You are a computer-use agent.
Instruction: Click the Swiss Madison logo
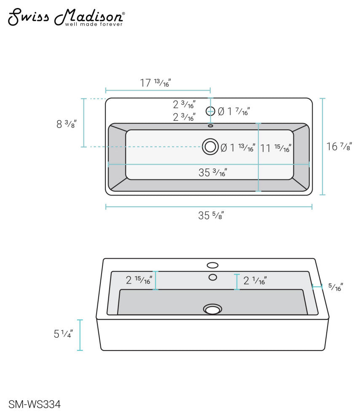pyautogui.click(x=66, y=17)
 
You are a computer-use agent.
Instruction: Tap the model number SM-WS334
pyautogui.click(x=35, y=404)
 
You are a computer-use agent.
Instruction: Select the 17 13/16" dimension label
pyautogui.click(x=156, y=83)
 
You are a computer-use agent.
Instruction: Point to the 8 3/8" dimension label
pyautogui.click(x=67, y=124)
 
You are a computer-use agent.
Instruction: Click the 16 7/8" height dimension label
pyautogui.click(x=339, y=147)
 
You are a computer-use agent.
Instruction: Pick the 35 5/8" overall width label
pyautogui.click(x=211, y=215)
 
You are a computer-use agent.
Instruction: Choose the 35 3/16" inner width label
pyautogui.click(x=212, y=173)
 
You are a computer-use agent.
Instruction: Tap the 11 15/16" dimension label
pyautogui.click(x=276, y=148)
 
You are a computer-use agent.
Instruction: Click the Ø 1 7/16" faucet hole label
pyautogui.click(x=234, y=112)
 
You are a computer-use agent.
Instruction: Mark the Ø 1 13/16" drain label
pyautogui.click(x=238, y=147)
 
